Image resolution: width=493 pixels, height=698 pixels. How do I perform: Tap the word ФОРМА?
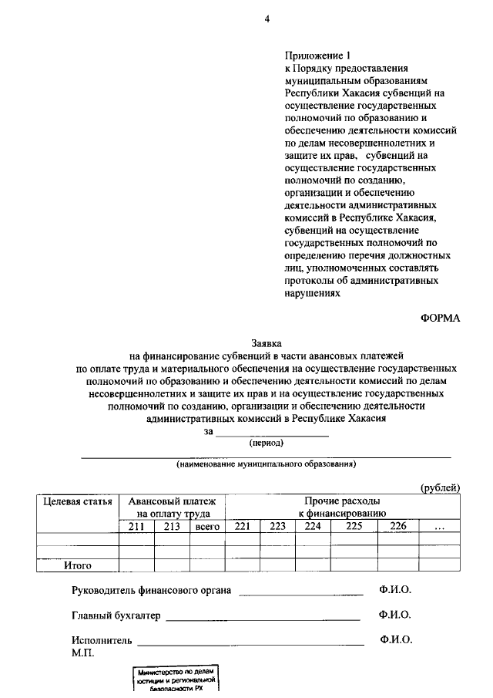(x=440, y=318)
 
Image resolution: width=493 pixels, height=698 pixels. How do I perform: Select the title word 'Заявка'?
(x=267, y=342)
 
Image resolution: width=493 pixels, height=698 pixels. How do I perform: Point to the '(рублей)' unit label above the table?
(x=440, y=487)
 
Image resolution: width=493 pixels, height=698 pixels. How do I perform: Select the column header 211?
(x=136, y=527)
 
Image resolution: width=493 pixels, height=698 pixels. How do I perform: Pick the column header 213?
(x=172, y=527)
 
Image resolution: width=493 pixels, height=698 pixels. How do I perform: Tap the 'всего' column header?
(x=207, y=527)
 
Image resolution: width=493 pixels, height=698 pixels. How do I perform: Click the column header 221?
(x=243, y=527)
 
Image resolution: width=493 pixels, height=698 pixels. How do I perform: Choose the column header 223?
(x=278, y=527)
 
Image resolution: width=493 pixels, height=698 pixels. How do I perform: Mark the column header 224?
(x=313, y=527)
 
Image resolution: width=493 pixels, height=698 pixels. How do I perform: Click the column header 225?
(x=354, y=527)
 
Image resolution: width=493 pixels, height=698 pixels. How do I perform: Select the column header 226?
(x=398, y=527)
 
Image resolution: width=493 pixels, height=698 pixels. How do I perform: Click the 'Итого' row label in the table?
(x=78, y=565)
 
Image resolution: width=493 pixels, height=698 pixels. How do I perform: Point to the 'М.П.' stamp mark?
(x=82, y=653)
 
